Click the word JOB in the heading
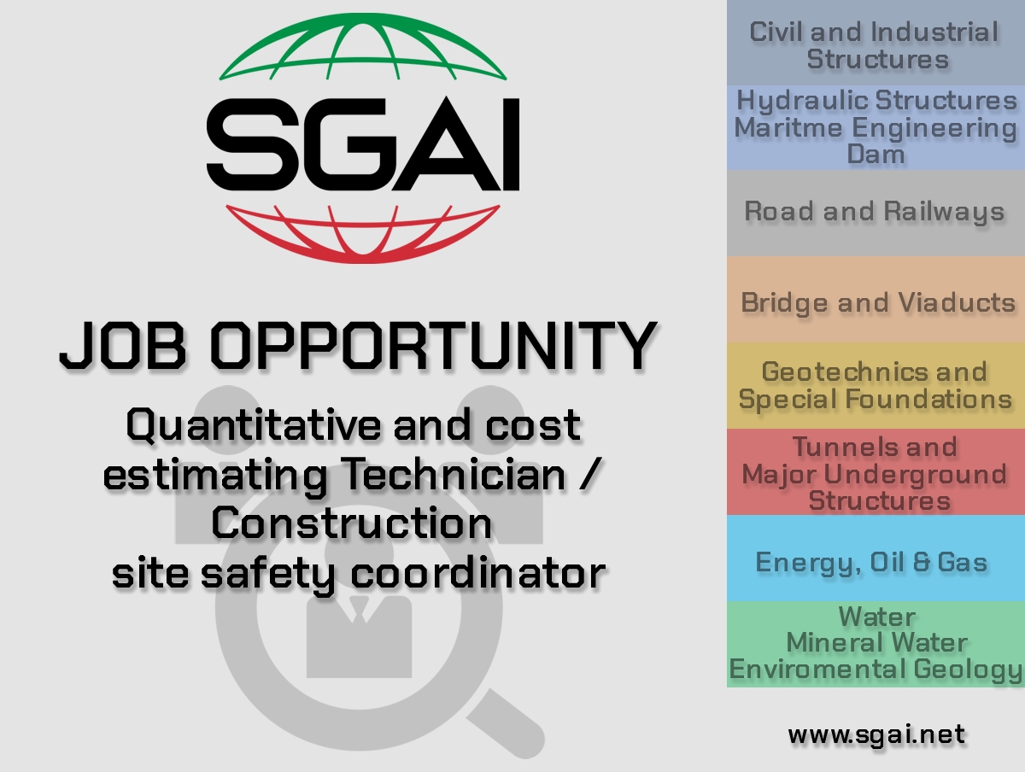pyautogui.click(x=124, y=346)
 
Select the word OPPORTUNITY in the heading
pyautogui.click(x=434, y=346)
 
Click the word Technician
pyautogui.click(x=453, y=475)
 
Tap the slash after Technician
pyautogui.click(x=589, y=475)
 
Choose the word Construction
pyautogui.click(x=352, y=523)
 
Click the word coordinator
pyautogui.click(x=477, y=573)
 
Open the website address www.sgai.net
pyautogui.click(x=876, y=735)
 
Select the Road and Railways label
pyautogui.click(x=875, y=212)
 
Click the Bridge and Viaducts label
pyautogui.click(x=878, y=303)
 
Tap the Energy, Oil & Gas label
pyautogui.click(x=871, y=563)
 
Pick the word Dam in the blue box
pyautogui.click(x=876, y=154)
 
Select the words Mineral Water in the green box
pyautogui.click(x=876, y=643)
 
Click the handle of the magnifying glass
pyautogui.click(x=507, y=724)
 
